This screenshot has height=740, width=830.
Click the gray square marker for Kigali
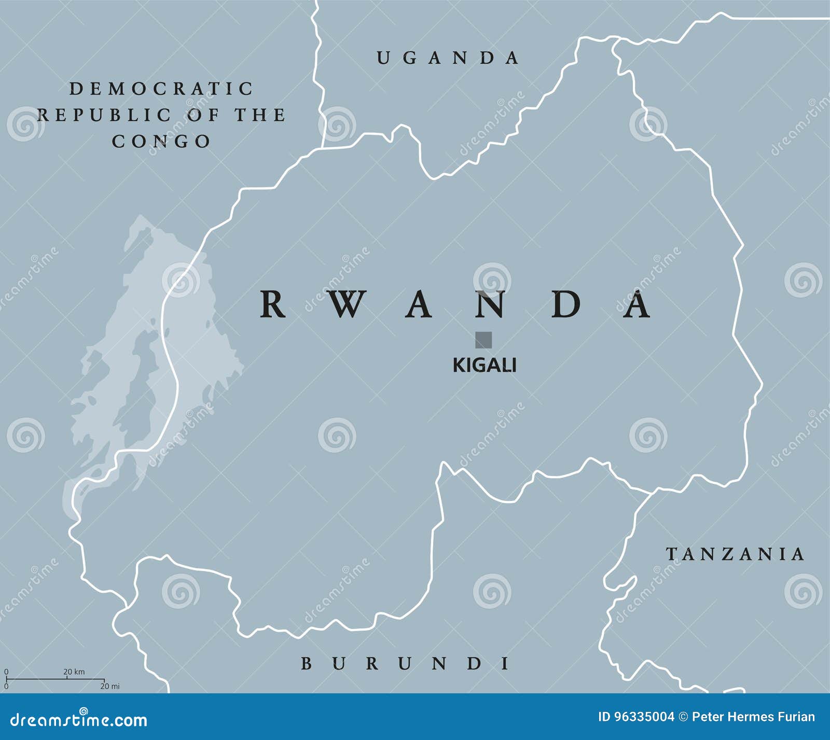(483, 340)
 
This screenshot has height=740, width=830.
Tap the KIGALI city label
(484, 366)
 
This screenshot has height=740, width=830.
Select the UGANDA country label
(447, 58)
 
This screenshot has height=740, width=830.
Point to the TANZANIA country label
(735, 554)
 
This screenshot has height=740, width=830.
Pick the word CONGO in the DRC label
(161, 141)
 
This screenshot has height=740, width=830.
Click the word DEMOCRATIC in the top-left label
(161, 89)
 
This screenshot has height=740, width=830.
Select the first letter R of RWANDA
(272, 304)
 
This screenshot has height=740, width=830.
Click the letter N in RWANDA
(490, 304)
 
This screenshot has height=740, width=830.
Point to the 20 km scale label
(74, 672)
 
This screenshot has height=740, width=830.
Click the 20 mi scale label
(110, 686)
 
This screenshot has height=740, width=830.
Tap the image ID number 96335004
(644, 717)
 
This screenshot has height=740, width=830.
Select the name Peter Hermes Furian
(753, 717)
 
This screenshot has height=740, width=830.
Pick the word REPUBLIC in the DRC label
(104, 115)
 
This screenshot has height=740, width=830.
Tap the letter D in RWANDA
(565, 304)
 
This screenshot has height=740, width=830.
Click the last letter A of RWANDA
(637, 304)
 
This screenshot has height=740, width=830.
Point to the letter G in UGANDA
(410, 58)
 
